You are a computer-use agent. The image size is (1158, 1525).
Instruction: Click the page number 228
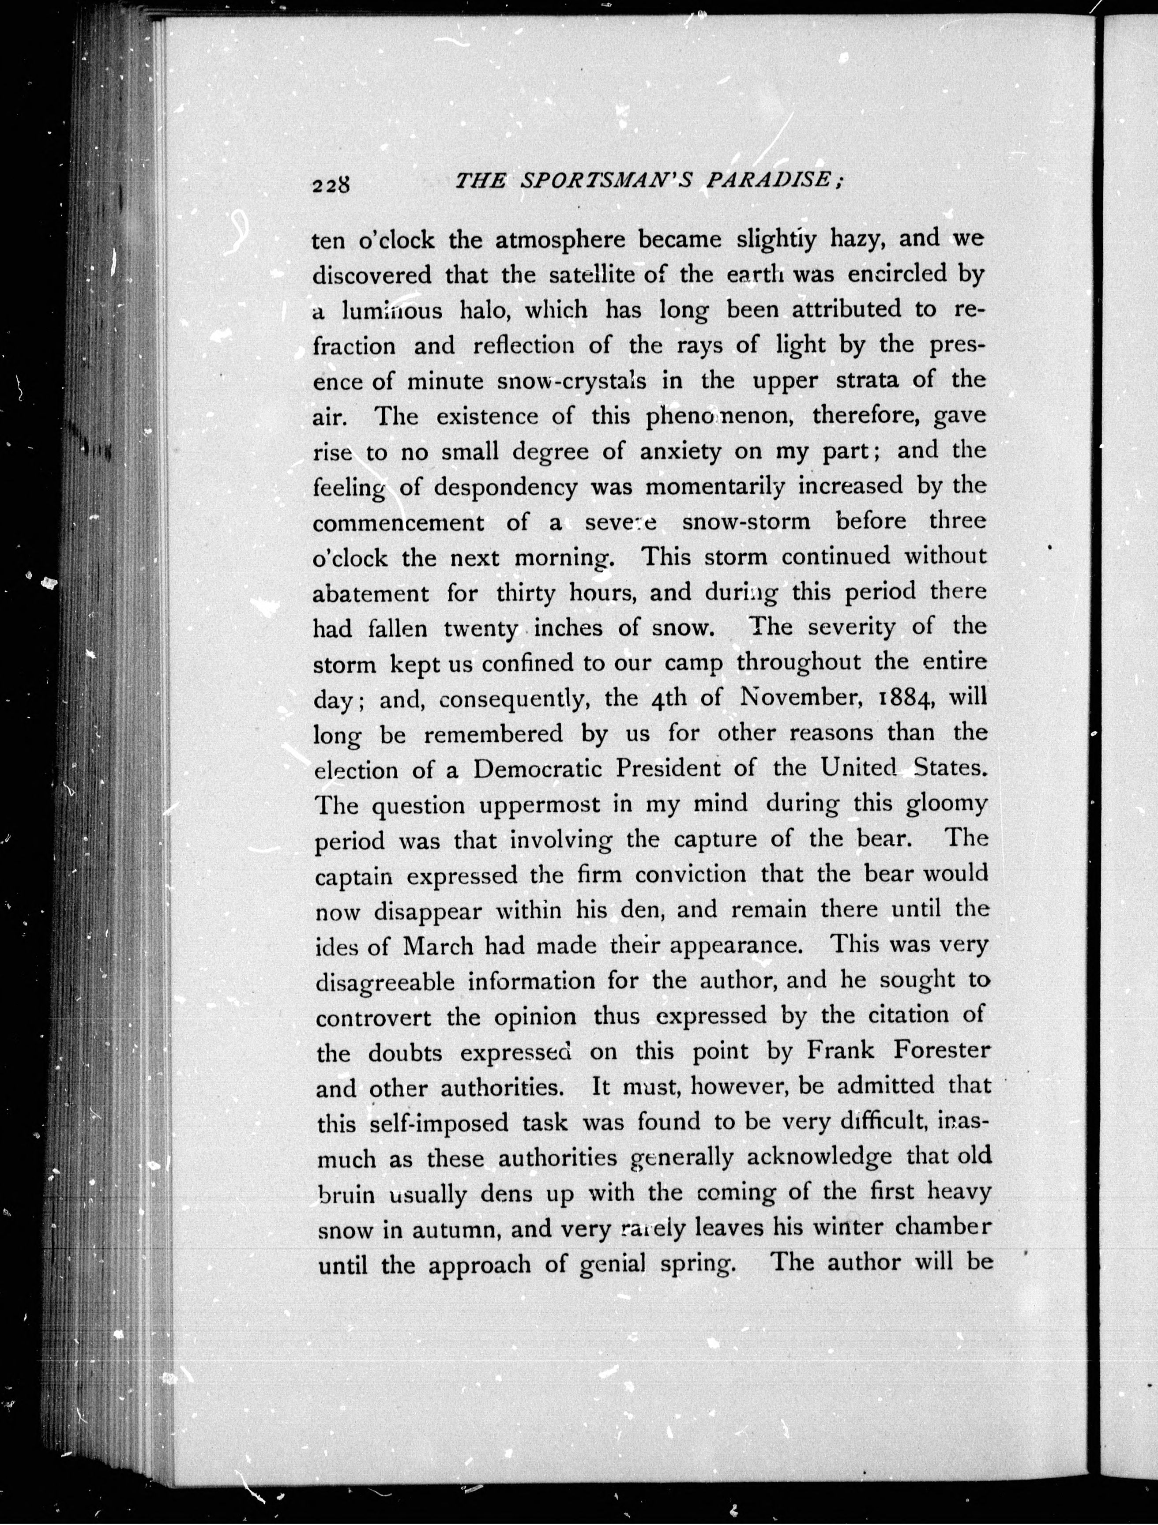coord(332,185)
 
